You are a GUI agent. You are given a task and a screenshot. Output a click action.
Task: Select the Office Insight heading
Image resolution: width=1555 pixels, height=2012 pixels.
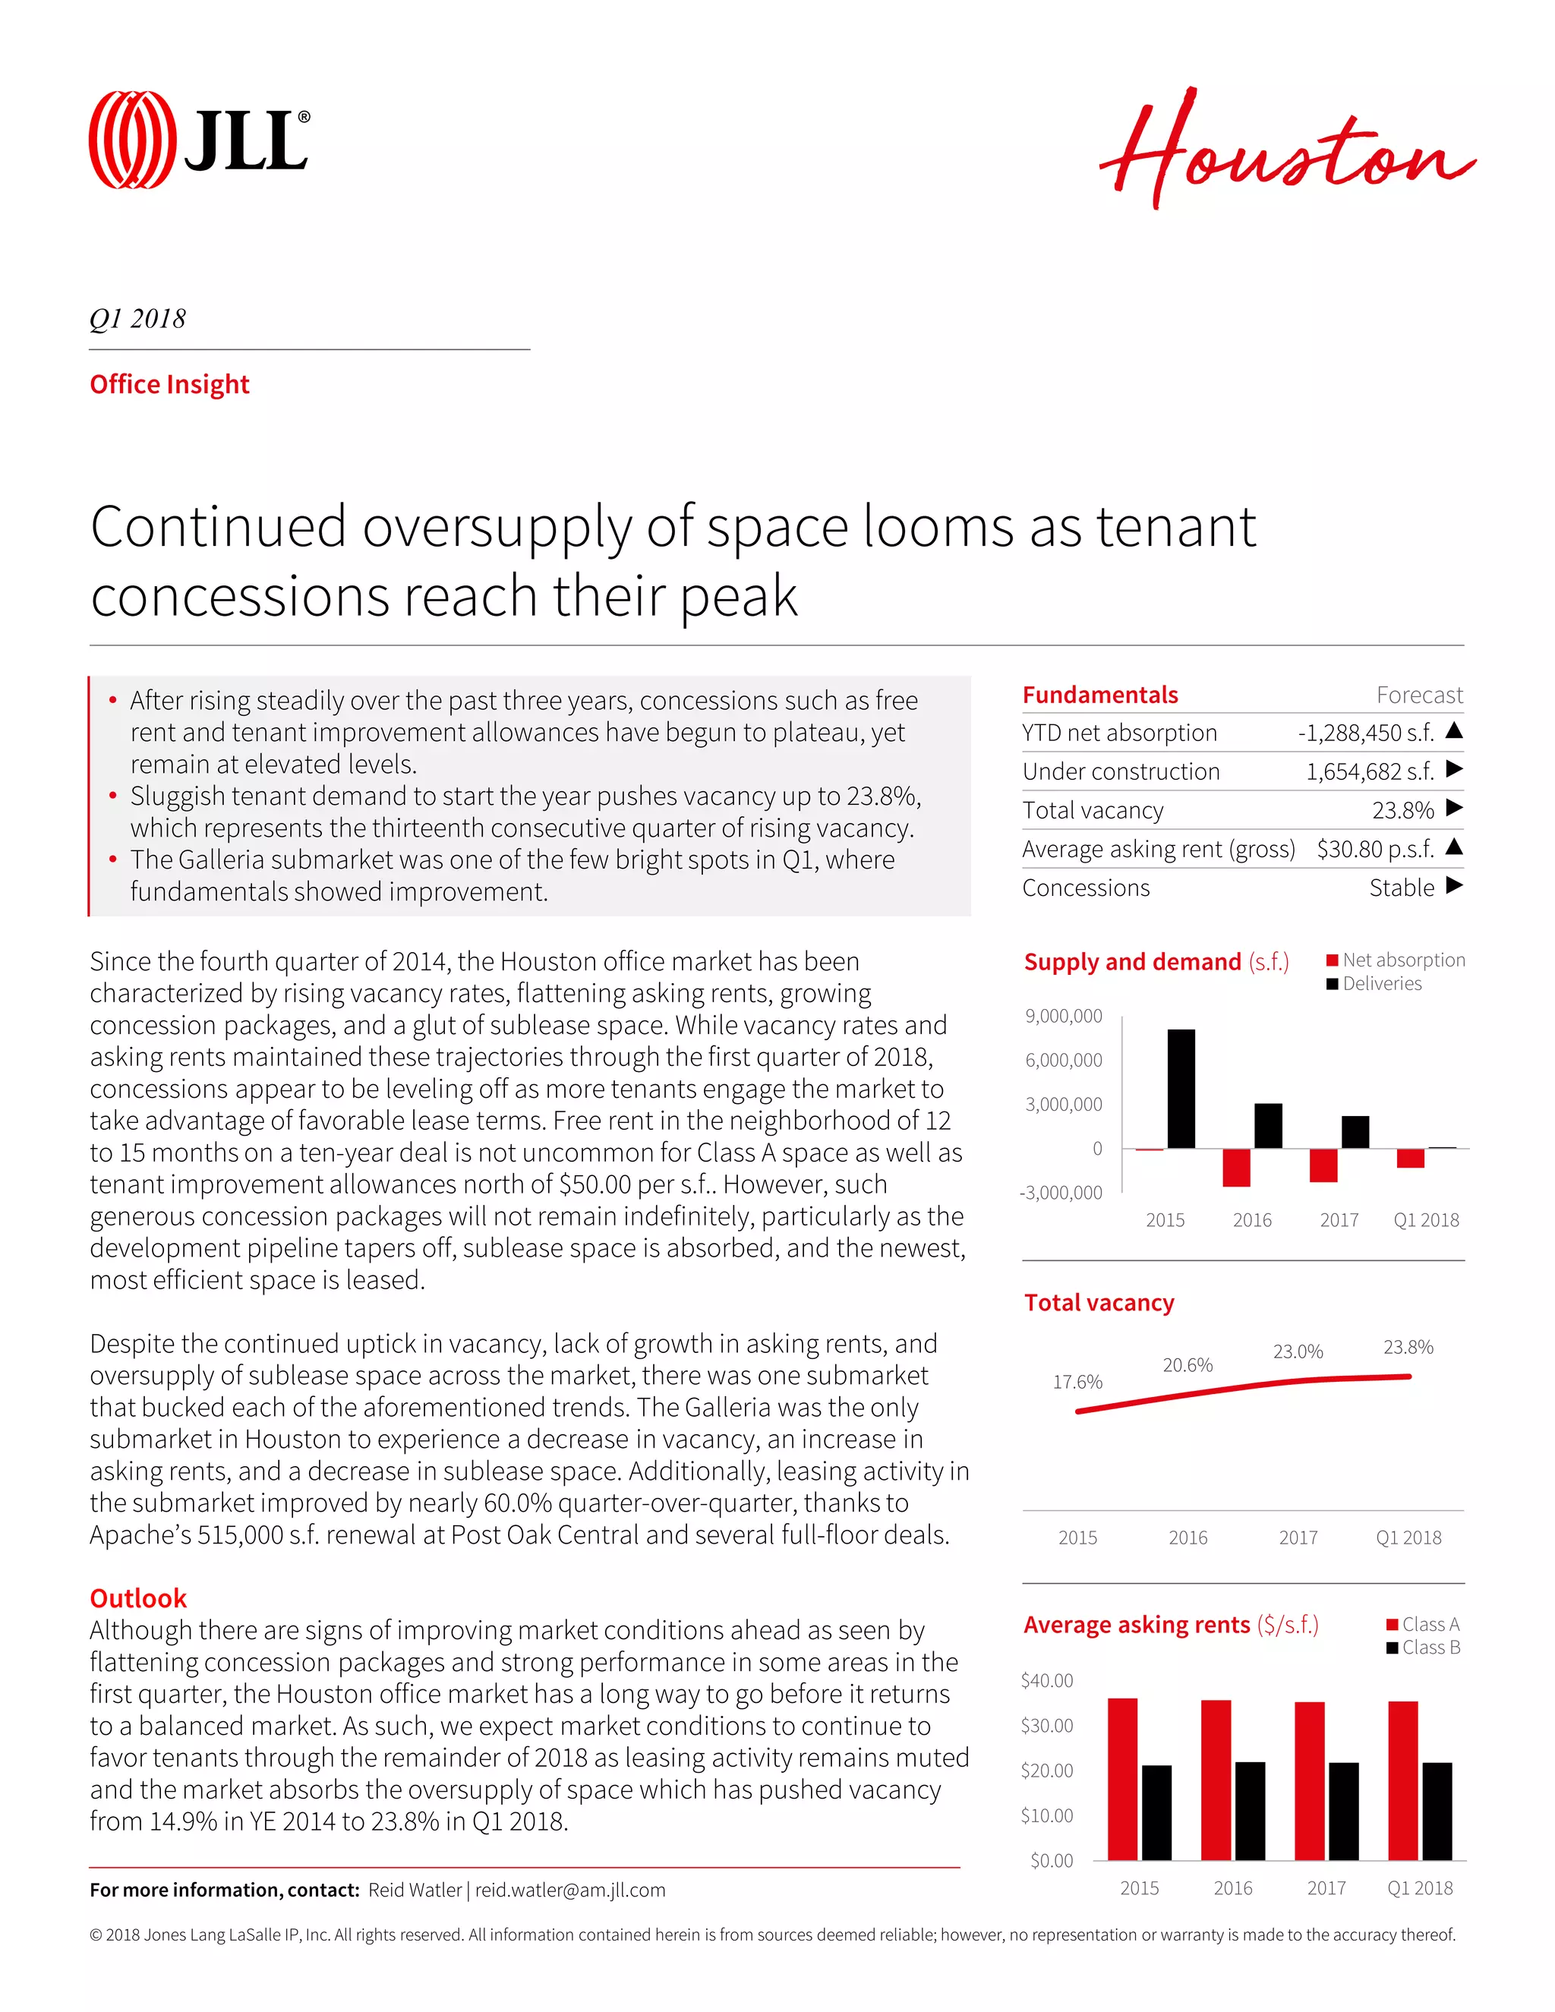[x=169, y=384]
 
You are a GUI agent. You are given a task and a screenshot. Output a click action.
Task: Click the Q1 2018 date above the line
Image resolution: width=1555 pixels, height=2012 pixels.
[x=138, y=319]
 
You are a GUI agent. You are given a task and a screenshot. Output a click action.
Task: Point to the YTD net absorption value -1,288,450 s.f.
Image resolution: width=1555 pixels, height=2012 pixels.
[x=1365, y=733]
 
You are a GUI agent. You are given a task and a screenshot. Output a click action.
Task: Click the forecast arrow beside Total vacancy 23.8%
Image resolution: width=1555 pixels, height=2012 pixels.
[x=1455, y=808]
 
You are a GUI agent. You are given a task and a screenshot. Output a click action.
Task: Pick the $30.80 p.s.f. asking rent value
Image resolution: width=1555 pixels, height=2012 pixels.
[x=1374, y=849]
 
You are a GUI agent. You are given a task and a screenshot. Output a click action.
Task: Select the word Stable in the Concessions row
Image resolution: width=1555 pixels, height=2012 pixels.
[x=1401, y=887]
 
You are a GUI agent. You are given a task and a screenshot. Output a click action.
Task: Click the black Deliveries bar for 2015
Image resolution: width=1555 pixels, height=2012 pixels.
[x=1181, y=1088]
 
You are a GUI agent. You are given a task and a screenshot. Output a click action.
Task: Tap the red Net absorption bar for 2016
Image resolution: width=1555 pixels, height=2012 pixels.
[x=1236, y=1167]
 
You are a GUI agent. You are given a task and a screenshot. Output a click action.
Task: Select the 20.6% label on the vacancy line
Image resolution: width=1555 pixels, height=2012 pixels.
[x=1188, y=1364]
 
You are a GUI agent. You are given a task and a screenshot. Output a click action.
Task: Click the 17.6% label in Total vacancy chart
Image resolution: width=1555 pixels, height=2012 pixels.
[x=1077, y=1382]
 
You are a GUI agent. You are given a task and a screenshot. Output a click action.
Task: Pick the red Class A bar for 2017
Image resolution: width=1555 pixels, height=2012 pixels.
[x=1309, y=1780]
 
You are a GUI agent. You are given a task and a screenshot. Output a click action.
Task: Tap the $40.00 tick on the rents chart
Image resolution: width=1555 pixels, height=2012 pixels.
[x=1046, y=1680]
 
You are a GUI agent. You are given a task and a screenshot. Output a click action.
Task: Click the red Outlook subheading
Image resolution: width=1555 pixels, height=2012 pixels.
[x=138, y=1597]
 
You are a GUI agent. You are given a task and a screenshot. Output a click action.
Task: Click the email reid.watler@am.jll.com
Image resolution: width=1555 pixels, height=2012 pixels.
[x=570, y=1890]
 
